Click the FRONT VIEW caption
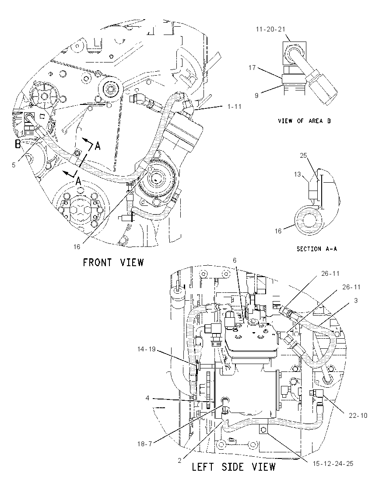click(x=113, y=262)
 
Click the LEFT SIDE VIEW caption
click(x=233, y=467)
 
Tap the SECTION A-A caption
click(x=317, y=249)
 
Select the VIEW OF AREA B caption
click(x=305, y=121)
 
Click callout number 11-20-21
click(x=270, y=29)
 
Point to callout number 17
click(x=252, y=67)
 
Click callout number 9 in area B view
click(x=256, y=95)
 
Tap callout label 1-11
click(x=234, y=106)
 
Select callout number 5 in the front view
click(x=14, y=165)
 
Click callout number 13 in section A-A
click(x=297, y=174)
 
